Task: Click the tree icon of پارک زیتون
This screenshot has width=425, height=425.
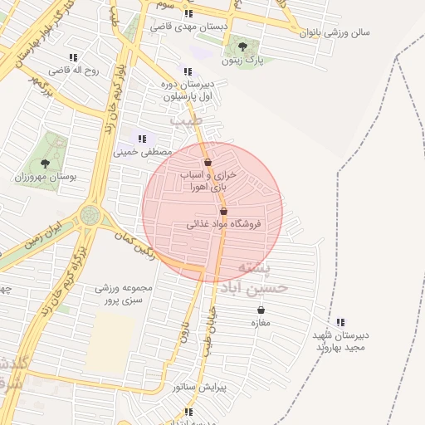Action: (242, 46)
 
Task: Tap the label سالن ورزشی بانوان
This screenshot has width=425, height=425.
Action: (338, 32)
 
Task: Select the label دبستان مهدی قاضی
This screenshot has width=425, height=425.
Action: (188, 27)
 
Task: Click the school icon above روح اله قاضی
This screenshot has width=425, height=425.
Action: (73, 57)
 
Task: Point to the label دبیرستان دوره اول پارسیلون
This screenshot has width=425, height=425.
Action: (188, 90)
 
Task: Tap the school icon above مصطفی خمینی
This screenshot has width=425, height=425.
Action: (142, 139)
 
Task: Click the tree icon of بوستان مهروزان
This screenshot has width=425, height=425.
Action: (45, 164)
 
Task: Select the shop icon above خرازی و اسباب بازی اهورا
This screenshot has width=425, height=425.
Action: (208, 162)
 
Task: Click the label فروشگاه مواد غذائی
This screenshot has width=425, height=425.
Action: (222, 224)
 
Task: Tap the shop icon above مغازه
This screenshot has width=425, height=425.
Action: (261, 310)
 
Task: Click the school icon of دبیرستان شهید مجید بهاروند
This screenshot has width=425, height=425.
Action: (340, 322)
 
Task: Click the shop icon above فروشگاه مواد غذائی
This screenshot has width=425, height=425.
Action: (224, 211)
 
